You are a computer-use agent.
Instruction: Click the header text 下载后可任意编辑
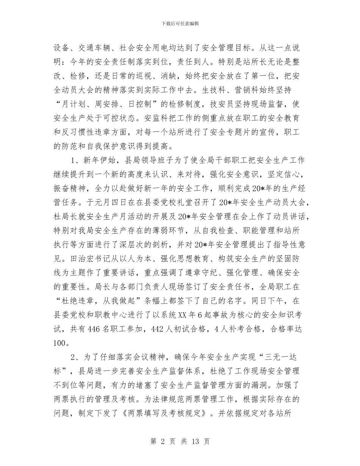pos(180,23)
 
